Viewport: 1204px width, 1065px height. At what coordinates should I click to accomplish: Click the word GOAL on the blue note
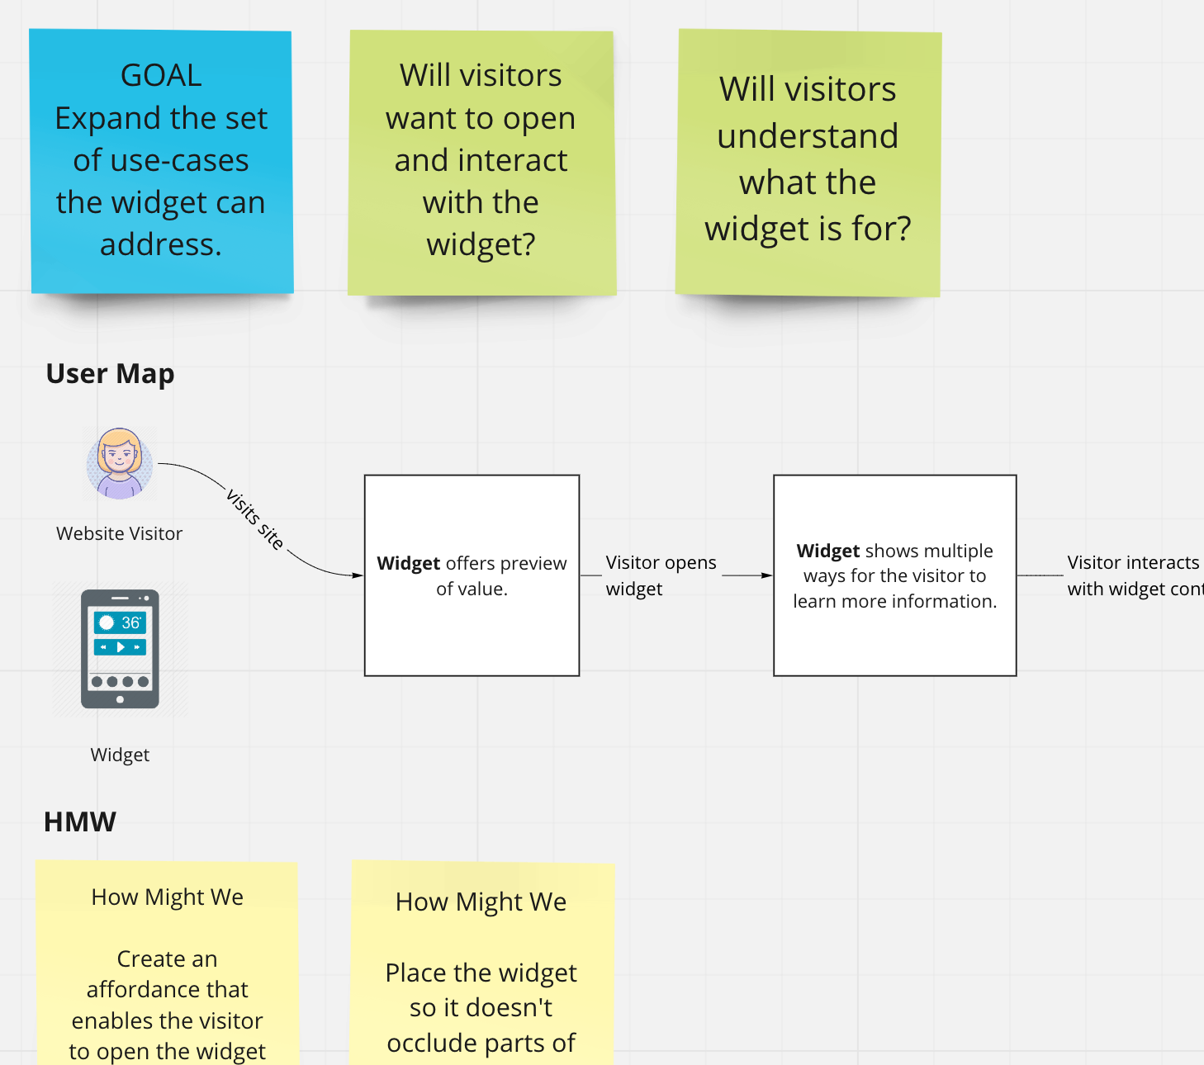tap(161, 76)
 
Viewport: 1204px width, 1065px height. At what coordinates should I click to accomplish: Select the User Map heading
tap(110, 374)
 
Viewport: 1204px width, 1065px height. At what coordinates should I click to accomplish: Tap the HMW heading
tap(80, 822)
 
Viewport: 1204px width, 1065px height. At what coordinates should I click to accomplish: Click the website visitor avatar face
tap(120, 457)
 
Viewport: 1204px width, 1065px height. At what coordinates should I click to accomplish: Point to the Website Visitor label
tap(119, 534)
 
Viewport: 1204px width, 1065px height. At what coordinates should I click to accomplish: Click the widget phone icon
tap(120, 649)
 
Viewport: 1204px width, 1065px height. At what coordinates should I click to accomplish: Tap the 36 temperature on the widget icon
tap(130, 622)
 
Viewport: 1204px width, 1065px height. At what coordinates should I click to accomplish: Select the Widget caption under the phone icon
tap(120, 755)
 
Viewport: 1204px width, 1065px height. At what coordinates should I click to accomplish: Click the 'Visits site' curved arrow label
tap(255, 519)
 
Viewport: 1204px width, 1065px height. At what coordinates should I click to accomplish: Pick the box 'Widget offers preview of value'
tap(472, 575)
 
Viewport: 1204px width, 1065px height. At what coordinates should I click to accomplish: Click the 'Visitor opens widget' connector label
tap(660, 575)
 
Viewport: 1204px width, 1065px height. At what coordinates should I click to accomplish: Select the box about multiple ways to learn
tap(894, 575)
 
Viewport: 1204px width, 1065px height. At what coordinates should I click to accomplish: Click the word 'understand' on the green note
tap(808, 136)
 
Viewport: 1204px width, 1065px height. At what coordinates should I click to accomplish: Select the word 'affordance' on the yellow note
tap(167, 990)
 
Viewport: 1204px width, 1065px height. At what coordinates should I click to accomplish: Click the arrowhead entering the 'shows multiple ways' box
tap(767, 575)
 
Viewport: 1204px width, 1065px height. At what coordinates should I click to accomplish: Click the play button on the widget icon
tap(121, 647)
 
